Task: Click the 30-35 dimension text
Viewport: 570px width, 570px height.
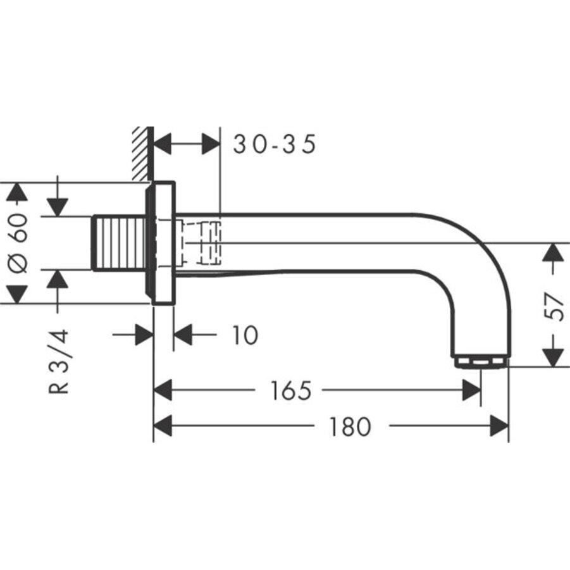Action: click(x=274, y=145)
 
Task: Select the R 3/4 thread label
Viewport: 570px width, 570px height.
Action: click(x=59, y=361)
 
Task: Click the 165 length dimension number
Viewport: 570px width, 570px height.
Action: click(x=290, y=391)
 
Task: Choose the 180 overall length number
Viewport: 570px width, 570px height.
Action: click(x=349, y=427)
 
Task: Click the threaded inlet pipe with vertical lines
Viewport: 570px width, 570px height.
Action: click(x=120, y=244)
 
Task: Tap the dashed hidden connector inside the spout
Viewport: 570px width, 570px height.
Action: click(x=201, y=242)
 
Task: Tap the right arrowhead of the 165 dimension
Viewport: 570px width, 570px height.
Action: click(x=471, y=391)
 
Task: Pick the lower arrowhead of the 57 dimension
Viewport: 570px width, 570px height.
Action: click(x=553, y=357)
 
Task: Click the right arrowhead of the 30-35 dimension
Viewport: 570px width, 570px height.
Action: click(x=211, y=145)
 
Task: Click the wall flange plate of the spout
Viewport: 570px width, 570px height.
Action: click(x=163, y=244)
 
